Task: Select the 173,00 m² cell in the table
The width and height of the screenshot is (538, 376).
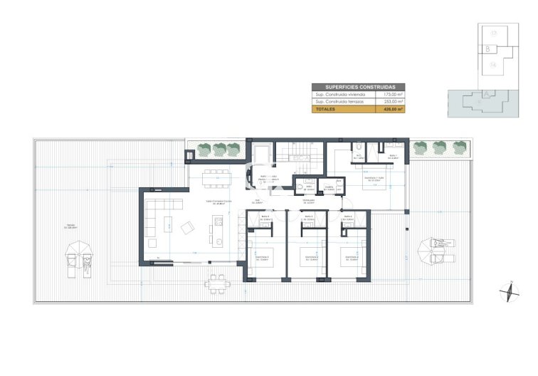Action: point(394,94)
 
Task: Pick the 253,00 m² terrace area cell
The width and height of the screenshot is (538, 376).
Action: point(394,102)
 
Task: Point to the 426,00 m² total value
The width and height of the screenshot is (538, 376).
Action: point(394,110)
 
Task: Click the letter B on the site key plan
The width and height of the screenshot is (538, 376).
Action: point(487,49)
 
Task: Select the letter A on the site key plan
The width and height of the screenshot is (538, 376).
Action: point(486,93)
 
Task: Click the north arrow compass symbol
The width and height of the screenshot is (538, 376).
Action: point(510,293)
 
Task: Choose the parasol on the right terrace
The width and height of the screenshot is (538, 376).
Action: point(429,246)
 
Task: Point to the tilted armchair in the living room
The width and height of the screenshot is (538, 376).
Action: point(187,228)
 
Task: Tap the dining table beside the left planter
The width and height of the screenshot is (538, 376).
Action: point(216,176)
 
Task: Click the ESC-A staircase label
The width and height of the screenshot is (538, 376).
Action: point(298,158)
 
